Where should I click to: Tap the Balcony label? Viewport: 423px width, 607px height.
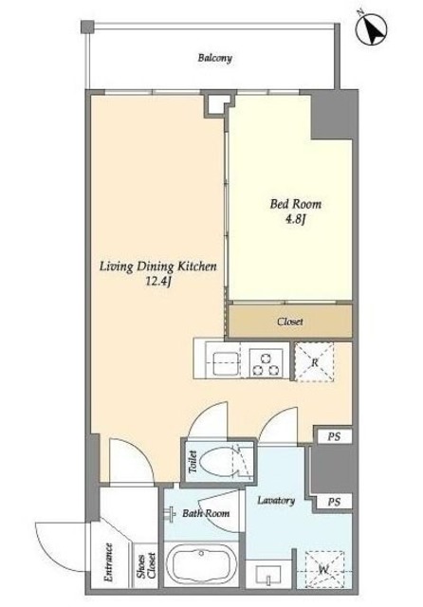(214, 58)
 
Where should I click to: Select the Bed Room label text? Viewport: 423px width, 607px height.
(295, 204)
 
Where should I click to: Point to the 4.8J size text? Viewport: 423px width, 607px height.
(295, 219)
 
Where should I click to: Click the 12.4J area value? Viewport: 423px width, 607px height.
(157, 282)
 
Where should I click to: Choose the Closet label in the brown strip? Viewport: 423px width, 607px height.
(290, 322)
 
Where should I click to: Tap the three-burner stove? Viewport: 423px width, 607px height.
(266, 363)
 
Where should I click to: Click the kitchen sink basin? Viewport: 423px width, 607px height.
(225, 363)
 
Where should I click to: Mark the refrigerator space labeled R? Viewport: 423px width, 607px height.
(314, 362)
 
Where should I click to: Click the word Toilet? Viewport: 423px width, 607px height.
(193, 462)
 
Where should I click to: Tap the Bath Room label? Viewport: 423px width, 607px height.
(206, 513)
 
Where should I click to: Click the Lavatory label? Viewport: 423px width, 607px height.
(276, 501)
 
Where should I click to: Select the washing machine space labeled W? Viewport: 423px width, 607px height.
(324, 569)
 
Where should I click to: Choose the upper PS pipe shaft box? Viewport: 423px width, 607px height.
(334, 436)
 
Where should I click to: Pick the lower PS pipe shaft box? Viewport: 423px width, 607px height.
(334, 502)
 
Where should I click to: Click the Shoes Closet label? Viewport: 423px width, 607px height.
(146, 566)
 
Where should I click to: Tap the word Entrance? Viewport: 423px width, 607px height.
(109, 562)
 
